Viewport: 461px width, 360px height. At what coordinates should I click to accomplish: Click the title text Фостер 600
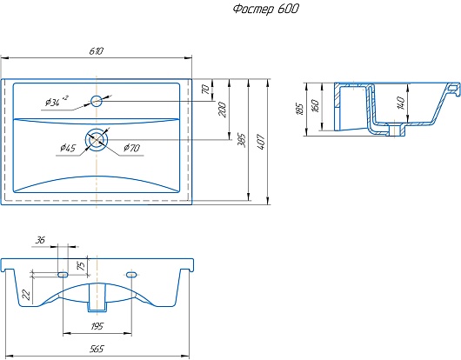tap(266, 9)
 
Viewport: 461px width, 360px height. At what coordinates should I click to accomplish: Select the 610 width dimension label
tap(97, 51)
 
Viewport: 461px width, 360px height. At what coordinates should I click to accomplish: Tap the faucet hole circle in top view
tap(97, 101)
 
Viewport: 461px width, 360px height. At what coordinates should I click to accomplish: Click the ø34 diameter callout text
tap(57, 101)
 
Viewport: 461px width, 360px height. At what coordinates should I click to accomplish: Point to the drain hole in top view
tap(97, 140)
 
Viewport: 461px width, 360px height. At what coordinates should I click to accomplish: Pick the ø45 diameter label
tap(68, 148)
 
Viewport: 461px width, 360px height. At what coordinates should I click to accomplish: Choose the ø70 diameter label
tap(131, 148)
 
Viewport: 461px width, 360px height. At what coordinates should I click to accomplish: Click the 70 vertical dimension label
tap(206, 90)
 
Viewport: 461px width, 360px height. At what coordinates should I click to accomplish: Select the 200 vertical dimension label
tap(223, 110)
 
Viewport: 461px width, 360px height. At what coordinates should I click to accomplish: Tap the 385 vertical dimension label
tap(241, 141)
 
